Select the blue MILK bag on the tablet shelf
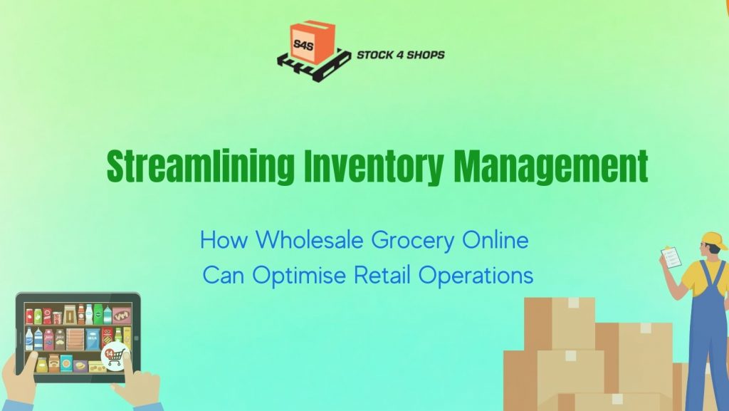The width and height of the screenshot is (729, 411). pos(93,339)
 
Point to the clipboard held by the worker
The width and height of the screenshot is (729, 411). pos(671,256)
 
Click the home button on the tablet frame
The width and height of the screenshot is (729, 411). pos(135,337)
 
